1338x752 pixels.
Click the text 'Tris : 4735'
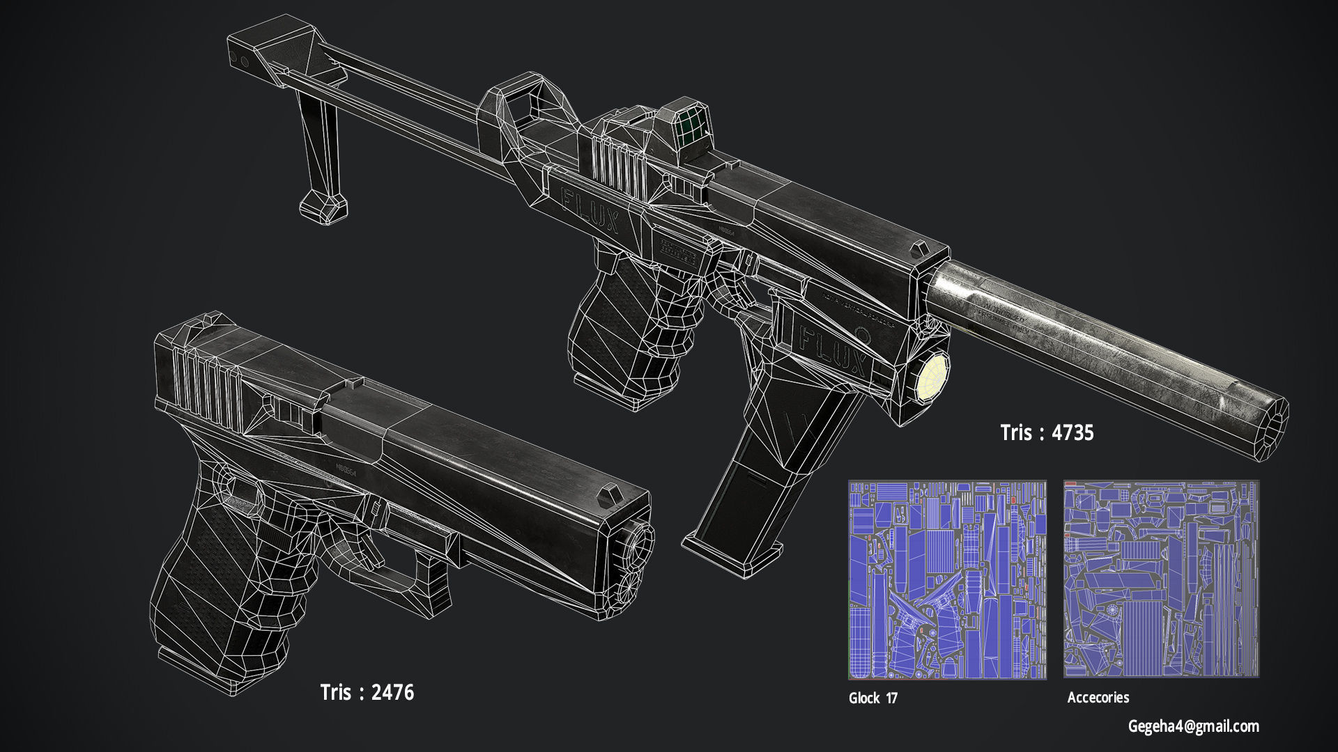point(1047,432)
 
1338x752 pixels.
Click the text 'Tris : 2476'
point(367,692)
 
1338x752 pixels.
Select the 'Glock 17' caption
point(872,698)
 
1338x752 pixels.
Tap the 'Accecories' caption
point(1098,697)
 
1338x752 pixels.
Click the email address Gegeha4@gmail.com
point(1193,726)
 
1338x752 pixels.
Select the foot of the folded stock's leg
point(323,207)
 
